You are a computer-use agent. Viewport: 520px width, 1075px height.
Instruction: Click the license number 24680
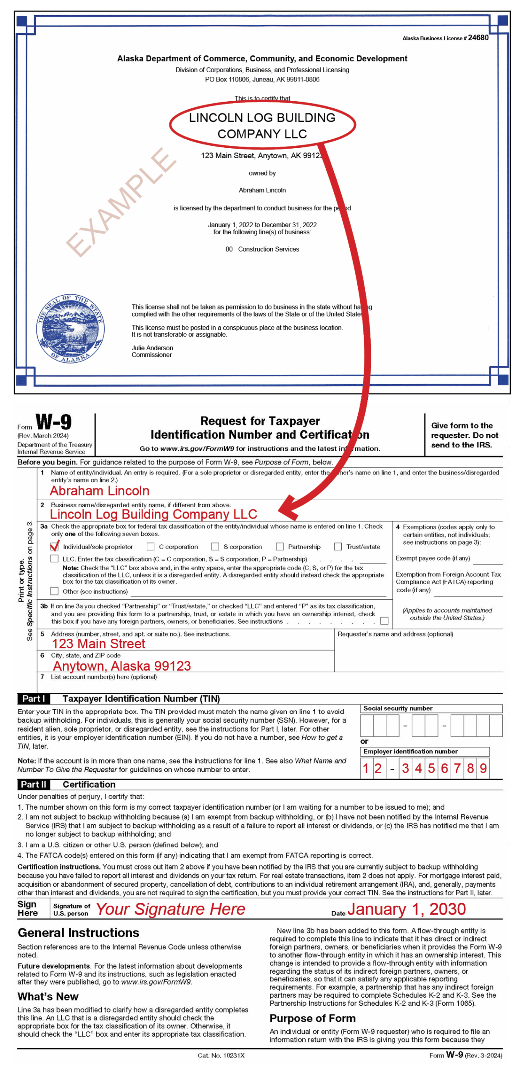[478, 37]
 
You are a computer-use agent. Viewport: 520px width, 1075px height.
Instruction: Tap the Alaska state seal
[70, 328]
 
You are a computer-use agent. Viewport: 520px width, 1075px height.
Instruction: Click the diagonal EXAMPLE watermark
[121, 202]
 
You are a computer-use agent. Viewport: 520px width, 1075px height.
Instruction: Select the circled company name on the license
[262, 125]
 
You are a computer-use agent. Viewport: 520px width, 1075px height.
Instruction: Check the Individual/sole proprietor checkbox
[54, 546]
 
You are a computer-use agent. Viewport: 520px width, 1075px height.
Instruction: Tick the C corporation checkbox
[150, 546]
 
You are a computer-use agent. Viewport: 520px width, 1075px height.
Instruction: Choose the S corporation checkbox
[215, 546]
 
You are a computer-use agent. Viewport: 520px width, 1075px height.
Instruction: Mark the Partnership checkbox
[280, 546]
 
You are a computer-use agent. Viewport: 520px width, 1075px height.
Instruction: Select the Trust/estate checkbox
[338, 546]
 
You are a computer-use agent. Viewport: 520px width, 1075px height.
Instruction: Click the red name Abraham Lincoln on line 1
[100, 490]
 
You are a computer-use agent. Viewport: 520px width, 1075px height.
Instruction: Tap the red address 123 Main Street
[98, 644]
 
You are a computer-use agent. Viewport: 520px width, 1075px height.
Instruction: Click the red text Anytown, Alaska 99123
[122, 666]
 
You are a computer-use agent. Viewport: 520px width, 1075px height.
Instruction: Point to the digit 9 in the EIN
[483, 768]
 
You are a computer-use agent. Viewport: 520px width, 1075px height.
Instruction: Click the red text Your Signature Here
[170, 909]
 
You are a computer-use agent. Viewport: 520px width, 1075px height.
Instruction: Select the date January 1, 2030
[406, 909]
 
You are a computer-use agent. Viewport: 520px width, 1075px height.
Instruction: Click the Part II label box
[34, 784]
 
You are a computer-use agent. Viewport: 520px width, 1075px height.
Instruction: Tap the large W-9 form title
[53, 422]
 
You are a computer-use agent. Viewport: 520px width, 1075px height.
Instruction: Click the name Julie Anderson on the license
[152, 348]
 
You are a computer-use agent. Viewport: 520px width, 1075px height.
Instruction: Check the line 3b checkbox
[384, 621]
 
